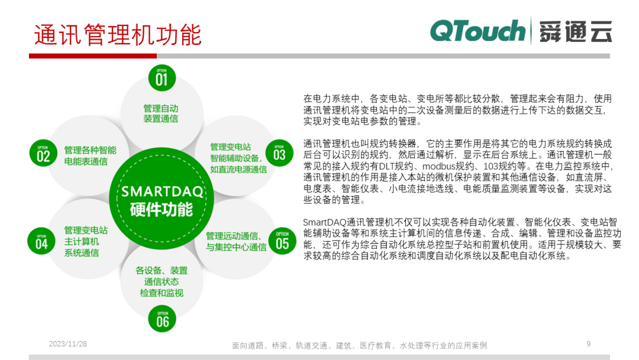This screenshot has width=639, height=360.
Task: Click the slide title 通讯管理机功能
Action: coord(117,35)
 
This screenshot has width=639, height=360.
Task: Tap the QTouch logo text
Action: coord(477,31)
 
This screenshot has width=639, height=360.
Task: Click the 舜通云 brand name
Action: coord(575,31)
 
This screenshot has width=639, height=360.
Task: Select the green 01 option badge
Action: coord(162,78)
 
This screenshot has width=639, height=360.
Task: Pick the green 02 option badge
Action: coord(43,155)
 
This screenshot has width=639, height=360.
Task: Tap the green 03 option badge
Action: coord(279,153)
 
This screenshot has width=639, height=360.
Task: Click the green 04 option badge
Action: coord(41,242)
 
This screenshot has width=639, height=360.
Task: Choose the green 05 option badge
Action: coord(282,242)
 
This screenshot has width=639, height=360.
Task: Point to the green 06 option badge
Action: coord(162,320)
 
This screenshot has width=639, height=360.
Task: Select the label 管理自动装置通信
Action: coord(160,114)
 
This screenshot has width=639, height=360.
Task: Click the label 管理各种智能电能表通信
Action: coord(90,155)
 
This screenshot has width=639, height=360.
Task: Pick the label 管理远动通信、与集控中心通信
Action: coord(236,241)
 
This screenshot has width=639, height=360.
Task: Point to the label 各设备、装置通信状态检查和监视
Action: coord(162,281)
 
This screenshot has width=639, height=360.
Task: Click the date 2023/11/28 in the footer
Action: coord(67,344)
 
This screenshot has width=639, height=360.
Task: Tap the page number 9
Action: coord(588,344)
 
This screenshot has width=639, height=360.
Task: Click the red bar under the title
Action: coord(93,56)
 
